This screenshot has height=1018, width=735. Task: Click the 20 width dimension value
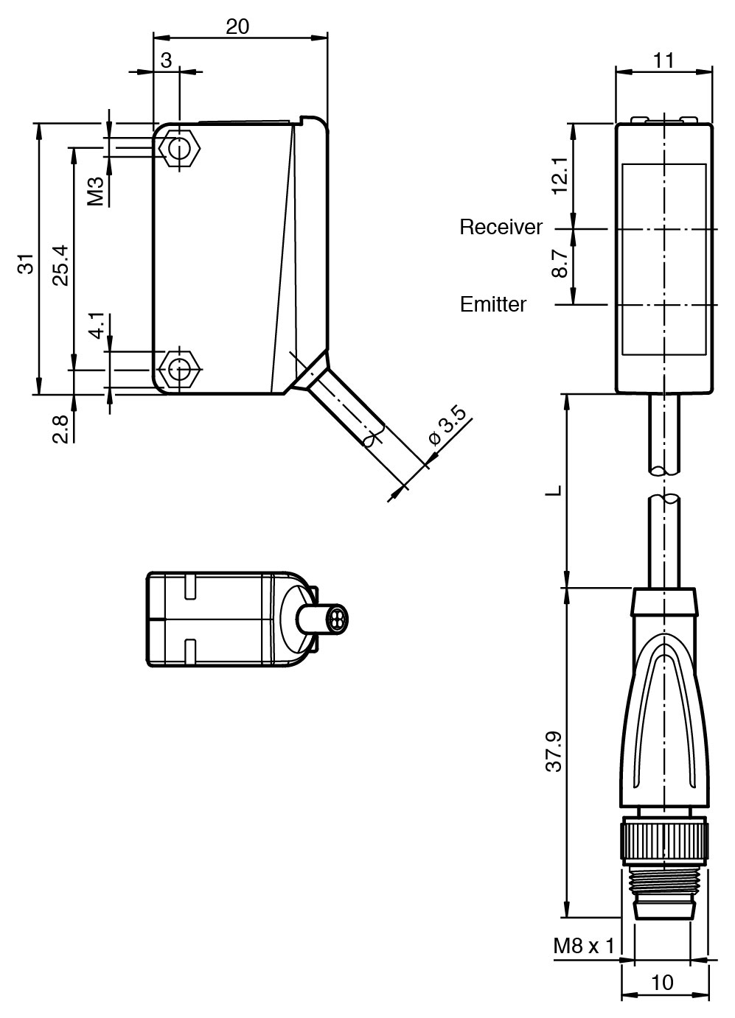tap(237, 27)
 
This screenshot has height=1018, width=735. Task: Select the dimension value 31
tap(27, 264)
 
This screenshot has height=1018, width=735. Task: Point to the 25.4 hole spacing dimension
tap(60, 264)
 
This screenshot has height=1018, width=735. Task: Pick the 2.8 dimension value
tap(61, 429)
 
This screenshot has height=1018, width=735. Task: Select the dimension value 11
tap(663, 60)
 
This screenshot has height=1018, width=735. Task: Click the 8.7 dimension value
tap(560, 263)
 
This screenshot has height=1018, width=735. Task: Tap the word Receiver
tap(501, 228)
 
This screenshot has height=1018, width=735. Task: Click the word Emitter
tap(493, 304)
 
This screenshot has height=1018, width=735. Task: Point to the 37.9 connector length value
tap(554, 751)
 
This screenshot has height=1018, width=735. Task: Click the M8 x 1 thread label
tap(584, 945)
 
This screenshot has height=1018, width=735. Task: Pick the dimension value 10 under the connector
tap(662, 983)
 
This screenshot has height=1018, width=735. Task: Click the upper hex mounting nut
tap(179, 148)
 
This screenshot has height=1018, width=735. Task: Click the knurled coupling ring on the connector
tap(664, 840)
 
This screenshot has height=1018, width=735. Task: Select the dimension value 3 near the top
tap(166, 60)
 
